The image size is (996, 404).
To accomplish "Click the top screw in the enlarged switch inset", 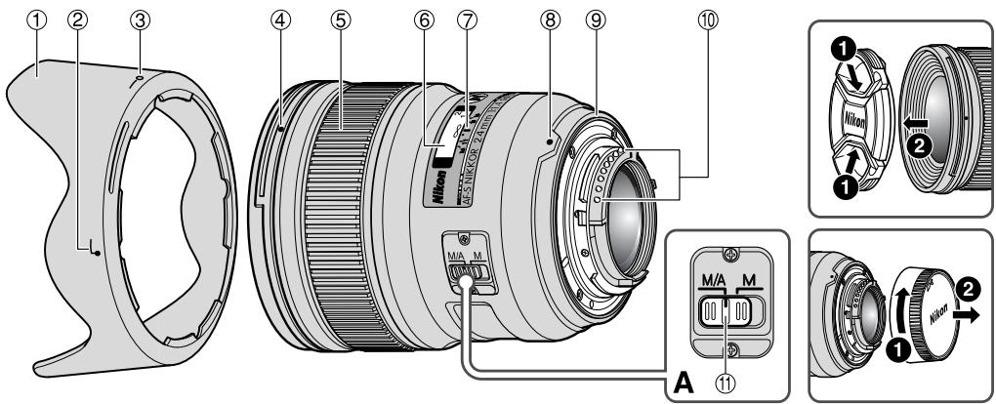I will click(725, 260).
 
